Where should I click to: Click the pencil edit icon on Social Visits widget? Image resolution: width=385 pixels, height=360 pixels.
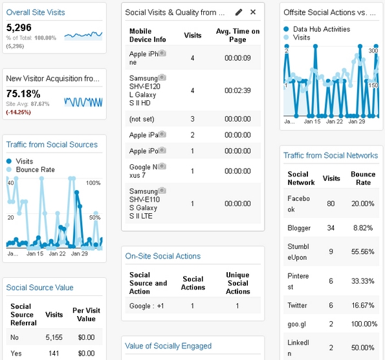click(x=239, y=12)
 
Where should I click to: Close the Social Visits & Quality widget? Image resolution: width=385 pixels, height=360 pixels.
click(x=253, y=12)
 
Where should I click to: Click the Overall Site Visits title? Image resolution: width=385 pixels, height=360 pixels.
click(x=36, y=12)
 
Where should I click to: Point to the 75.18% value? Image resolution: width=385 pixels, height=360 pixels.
click(x=23, y=94)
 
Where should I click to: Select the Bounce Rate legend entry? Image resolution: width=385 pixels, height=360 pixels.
click(x=36, y=169)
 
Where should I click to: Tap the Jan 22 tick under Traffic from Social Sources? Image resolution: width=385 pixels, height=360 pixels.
click(x=57, y=253)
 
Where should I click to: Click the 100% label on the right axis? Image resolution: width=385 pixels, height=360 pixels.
click(x=93, y=183)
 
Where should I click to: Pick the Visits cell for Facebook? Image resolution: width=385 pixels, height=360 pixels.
click(x=331, y=204)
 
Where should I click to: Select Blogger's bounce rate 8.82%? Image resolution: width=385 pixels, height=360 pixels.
click(x=363, y=228)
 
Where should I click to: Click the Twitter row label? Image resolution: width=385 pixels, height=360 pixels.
click(x=297, y=305)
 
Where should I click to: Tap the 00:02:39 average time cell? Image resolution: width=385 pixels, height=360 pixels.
click(x=237, y=90)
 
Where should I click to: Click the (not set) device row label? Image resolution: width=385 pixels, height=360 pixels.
click(x=142, y=119)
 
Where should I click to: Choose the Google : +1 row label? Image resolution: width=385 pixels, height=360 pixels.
click(x=147, y=306)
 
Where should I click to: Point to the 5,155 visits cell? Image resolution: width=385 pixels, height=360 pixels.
click(x=54, y=337)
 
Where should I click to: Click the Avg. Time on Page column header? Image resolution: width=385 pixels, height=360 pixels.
click(x=237, y=36)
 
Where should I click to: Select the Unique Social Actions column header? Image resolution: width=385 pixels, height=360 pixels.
click(x=237, y=283)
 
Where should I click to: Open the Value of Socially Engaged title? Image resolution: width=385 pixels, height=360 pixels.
click(x=168, y=346)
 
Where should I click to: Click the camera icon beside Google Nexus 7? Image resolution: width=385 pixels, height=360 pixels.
click(x=162, y=167)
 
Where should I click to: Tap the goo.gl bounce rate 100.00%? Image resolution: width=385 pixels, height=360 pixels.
click(x=364, y=324)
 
